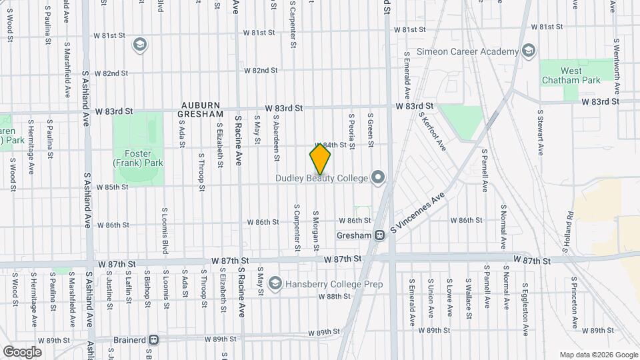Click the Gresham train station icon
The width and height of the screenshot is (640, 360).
click(379, 235)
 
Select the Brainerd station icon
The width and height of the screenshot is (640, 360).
click(154, 339)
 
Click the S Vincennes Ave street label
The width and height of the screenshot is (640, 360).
click(418, 215)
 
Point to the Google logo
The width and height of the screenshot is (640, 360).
click(22, 351)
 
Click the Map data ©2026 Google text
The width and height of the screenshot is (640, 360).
click(598, 355)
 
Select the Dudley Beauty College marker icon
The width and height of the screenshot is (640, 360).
click(378, 177)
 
